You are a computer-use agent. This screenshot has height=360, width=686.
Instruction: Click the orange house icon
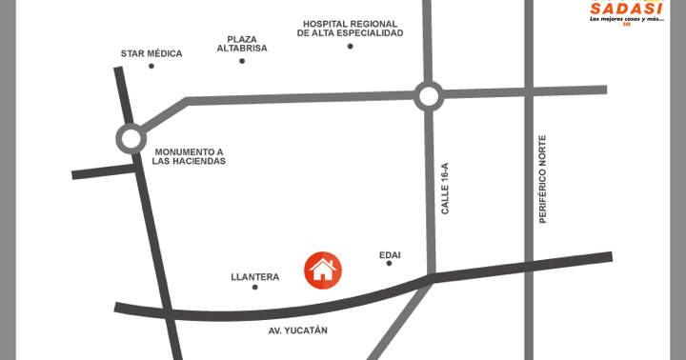[323, 270]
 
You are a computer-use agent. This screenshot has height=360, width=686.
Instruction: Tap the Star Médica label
[151, 53]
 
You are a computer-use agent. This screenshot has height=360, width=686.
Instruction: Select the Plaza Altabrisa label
[242, 43]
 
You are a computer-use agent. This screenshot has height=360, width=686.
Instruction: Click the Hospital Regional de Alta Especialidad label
[350, 28]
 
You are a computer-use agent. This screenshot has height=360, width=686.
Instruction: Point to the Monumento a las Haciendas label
[189, 156]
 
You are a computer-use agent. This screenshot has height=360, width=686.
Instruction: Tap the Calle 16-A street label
[444, 187]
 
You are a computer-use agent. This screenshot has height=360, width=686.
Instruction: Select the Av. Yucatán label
[297, 330]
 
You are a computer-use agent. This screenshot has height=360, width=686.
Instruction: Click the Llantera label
[254, 277]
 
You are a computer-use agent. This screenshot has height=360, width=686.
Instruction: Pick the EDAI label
[390, 254]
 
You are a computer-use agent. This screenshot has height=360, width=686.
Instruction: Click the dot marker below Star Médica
[151, 67]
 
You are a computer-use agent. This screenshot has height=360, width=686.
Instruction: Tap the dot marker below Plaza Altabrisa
[242, 61]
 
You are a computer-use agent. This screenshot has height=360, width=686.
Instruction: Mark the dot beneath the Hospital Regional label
[350, 46]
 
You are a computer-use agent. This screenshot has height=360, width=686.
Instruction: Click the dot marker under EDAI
[390, 264]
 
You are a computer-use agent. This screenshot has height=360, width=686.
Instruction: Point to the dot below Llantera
[254, 287]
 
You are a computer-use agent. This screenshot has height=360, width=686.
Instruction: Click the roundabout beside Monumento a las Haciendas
[131, 138]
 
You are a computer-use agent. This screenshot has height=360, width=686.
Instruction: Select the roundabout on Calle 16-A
[429, 95]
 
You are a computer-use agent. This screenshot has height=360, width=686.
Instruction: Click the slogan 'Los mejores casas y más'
[625, 19]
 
